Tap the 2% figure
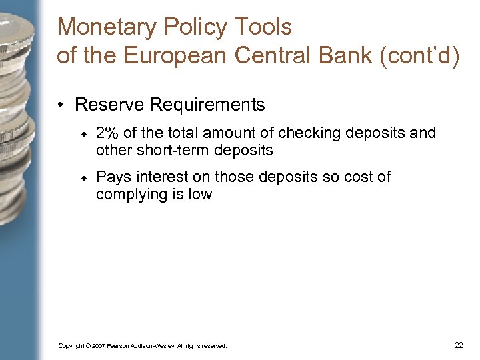pos(108,133)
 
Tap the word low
pos(200,195)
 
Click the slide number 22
pos(459,345)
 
